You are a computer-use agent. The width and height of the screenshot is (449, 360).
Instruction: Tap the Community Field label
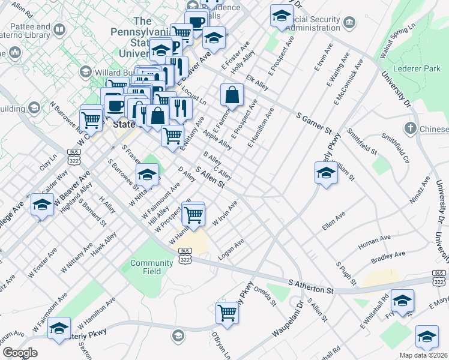147,267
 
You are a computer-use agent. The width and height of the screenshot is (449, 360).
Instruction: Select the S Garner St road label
315,122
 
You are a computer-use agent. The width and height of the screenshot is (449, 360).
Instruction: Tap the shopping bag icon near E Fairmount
232,95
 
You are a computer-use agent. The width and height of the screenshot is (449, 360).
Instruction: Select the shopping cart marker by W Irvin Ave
193,214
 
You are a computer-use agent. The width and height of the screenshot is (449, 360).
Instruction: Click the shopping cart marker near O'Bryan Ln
228,312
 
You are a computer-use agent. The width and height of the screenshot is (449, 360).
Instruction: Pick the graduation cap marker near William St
326,173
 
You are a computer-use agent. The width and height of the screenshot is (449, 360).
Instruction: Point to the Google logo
20,353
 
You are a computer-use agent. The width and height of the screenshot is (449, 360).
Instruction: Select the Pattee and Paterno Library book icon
60,29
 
